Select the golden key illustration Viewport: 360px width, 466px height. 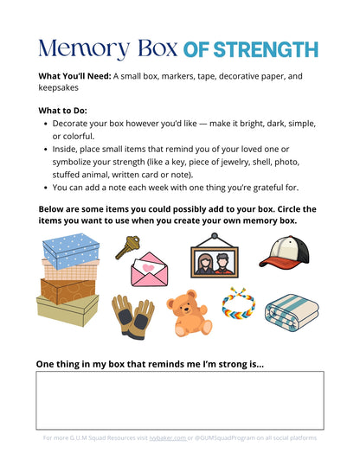(128, 247)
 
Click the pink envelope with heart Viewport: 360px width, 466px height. (151, 270)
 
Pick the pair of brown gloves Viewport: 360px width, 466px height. (132, 316)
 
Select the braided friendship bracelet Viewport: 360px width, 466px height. (238, 304)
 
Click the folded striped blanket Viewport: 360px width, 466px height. (292, 312)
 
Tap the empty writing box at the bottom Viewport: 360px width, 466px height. (180, 400)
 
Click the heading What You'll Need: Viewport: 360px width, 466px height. (74, 76)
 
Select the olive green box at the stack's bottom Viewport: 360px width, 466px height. (67, 309)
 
